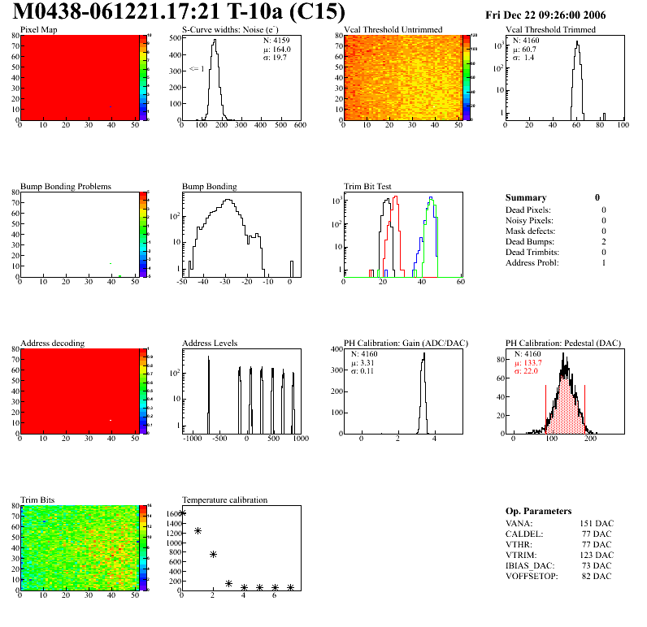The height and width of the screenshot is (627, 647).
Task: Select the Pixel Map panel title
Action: [x=39, y=30]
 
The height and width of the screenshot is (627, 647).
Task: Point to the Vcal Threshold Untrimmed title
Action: [x=393, y=30]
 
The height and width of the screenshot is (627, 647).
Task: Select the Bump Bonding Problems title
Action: [x=65, y=186]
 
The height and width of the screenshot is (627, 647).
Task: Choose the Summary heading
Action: [x=526, y=197]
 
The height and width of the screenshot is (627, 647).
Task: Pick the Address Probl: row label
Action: [x=531, y=263]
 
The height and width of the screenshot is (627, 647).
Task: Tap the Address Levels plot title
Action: [x=210, y=344]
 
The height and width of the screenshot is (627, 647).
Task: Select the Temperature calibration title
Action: [x=224, y=499]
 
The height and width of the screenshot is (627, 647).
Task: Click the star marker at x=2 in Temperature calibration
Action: [x=213, y=554]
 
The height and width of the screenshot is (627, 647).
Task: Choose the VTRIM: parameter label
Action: [x=521, y=555]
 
